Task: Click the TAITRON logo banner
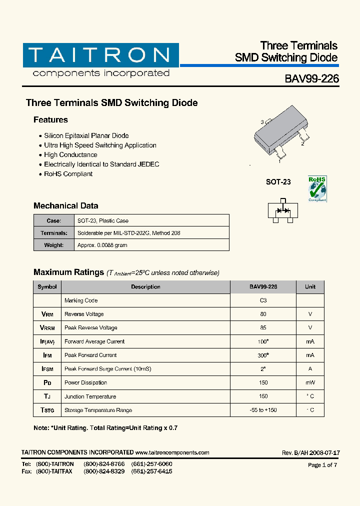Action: coord(100,55)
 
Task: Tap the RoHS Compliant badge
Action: coord(317,189)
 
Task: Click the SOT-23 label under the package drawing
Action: coord(278,182)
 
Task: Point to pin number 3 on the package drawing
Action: coord(262,122)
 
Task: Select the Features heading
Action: coord(50,120)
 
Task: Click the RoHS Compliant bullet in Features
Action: coord(68,174)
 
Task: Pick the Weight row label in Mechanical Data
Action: coord(54,245)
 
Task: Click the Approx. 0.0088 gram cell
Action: coord(102,245)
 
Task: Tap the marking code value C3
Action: coord(263,300)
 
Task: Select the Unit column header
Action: coord(310,287)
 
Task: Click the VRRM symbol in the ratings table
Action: coord(47,328)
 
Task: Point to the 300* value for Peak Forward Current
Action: coord(263,355)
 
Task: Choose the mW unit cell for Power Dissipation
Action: coord(310,382)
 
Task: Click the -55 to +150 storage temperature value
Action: coord(263,410)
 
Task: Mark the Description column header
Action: coord(145,287)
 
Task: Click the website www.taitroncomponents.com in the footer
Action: coord(172,452)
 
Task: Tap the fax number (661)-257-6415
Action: coord(151,471)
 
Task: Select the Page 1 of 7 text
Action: coord(322,465)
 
